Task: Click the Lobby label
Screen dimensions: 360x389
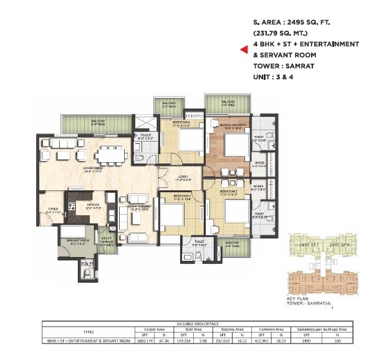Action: tap(183, 178)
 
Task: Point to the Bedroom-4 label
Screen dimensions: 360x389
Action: tap(181, 124)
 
